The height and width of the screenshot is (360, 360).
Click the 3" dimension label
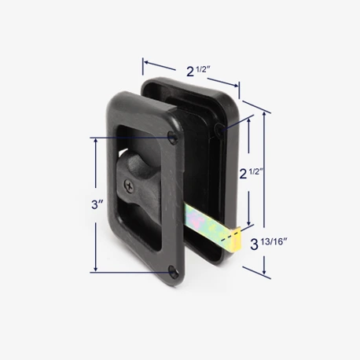coord(97,204)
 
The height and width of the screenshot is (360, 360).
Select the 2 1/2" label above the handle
coord(199,72)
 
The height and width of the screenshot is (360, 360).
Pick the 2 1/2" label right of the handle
coord(252,174)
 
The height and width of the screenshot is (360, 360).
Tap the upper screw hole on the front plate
coord(173,138)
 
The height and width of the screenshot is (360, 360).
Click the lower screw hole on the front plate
coord(173,271)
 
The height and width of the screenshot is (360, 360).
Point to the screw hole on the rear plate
coord(219,129)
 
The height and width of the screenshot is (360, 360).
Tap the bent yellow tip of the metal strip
coord(237,241)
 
